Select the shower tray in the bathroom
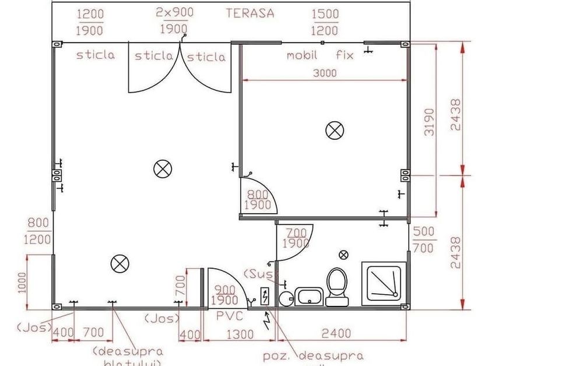pos(384,282)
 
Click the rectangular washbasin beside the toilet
pos(308,296)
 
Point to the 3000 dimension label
pos(325,73)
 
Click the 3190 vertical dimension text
pos(429,121)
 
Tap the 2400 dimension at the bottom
pos(336,333)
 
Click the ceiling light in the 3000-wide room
pos(334,130)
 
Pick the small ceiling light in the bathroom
pos(344,254)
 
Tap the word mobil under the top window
pos(302,56)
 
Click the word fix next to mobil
pos(345,56)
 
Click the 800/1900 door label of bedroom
pos(257,200)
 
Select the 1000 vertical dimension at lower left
pos(22,283)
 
